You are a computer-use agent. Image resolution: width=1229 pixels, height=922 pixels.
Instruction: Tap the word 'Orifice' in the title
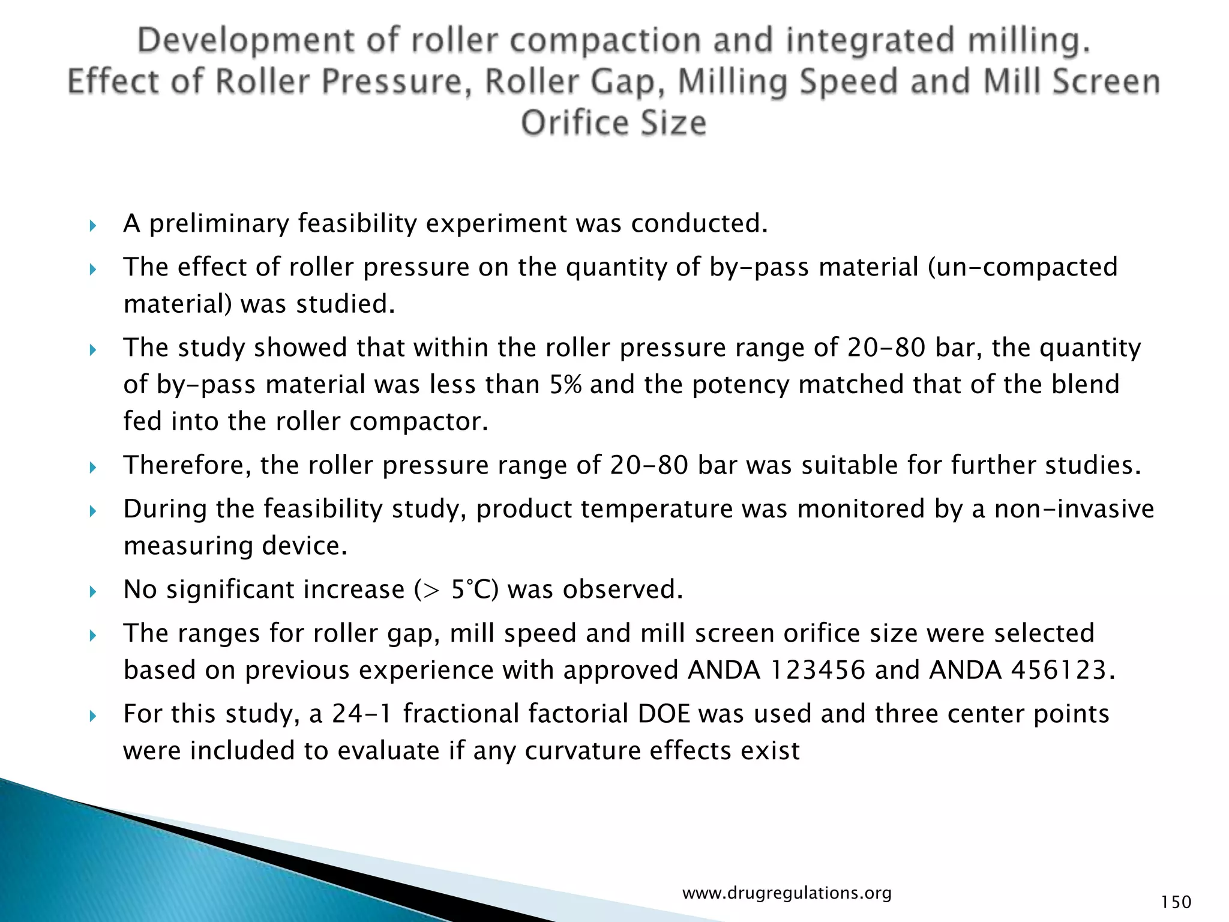571,123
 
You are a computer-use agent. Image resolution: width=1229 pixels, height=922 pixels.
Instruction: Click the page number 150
1176,902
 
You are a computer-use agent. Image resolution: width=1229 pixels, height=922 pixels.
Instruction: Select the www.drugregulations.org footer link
787,893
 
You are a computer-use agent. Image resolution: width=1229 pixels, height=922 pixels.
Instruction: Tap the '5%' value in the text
565,385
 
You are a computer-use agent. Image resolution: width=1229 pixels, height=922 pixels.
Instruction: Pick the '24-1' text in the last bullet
362,714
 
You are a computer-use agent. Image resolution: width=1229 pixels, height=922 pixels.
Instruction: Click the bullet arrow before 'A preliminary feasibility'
92,226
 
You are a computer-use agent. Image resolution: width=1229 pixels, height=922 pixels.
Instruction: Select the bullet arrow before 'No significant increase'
92,592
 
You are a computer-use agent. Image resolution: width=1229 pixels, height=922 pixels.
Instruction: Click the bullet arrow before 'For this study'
92,716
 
